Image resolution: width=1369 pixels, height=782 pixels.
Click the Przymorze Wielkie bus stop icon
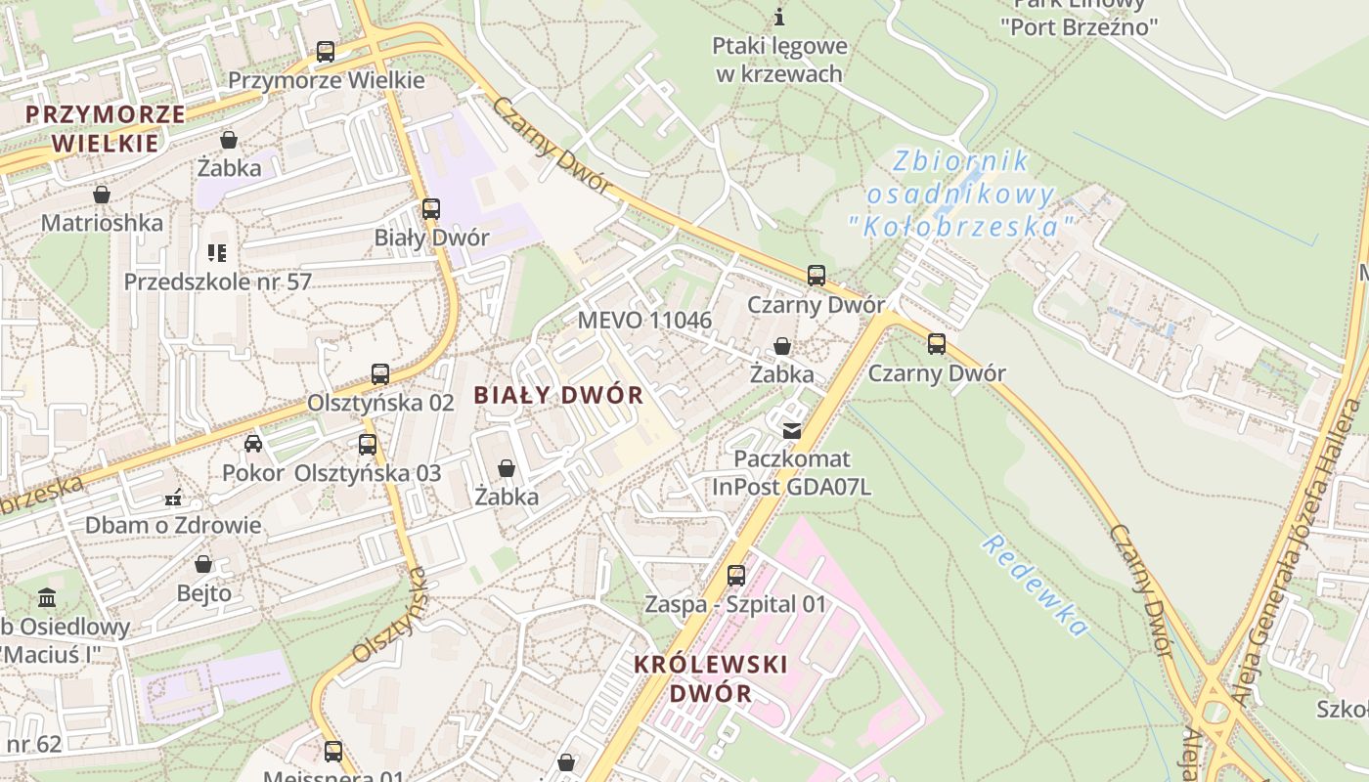point(326,52)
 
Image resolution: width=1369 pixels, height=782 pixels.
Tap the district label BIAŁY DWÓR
point(558,395)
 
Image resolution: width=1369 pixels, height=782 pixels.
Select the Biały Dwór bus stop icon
point(431,209)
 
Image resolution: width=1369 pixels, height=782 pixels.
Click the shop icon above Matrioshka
point(102,195)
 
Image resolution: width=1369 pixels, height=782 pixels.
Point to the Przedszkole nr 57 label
point(217,282)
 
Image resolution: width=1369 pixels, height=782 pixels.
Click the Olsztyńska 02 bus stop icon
point(380,374)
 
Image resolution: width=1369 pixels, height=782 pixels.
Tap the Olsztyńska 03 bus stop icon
point(368,445)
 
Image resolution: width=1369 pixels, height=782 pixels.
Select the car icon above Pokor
point(253,444)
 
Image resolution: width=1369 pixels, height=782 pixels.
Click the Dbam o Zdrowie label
point(173,525)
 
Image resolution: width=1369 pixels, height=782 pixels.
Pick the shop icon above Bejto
point(203,564)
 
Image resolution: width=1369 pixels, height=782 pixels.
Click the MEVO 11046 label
point(644,320)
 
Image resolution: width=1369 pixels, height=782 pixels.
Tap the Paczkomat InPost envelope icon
point(791,430)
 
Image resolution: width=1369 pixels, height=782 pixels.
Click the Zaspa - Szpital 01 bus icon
point(736,576)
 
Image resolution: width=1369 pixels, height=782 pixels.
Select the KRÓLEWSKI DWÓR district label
point(711,678)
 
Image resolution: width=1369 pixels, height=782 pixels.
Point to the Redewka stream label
point(1035,586)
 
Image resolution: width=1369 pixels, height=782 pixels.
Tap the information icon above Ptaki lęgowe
point(779,17)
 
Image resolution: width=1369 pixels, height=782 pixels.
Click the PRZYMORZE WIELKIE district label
point(105,128)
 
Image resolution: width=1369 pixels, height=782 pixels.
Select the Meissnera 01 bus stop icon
point(333,752)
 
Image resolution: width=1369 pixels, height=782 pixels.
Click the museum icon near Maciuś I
point(47,597)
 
